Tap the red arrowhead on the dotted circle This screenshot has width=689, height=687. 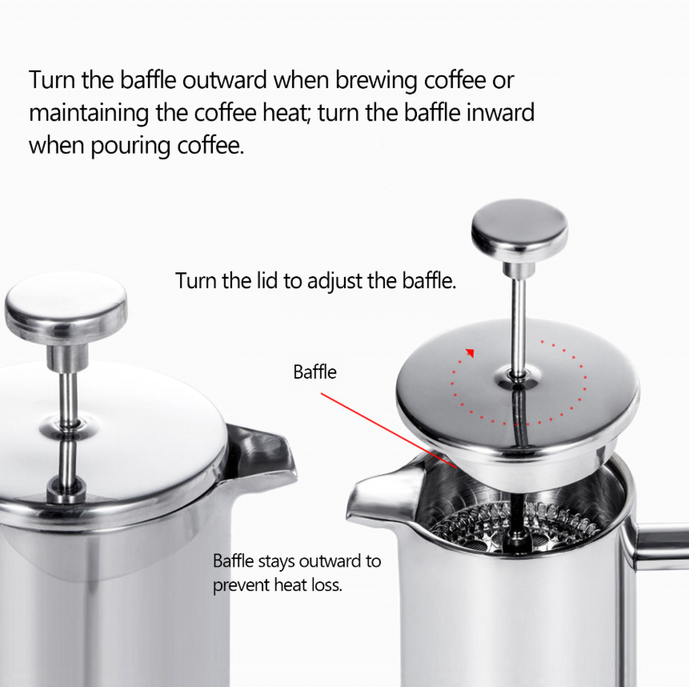click(471, 352)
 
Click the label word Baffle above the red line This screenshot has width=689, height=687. click(314, 372)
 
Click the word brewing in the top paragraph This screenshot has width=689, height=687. click(356, 81)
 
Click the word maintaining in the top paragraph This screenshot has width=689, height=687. click(89, 113)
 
